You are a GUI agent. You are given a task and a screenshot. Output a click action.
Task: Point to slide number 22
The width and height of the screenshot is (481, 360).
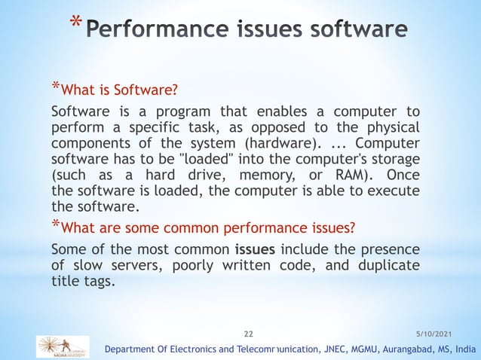click(x=250, y=331)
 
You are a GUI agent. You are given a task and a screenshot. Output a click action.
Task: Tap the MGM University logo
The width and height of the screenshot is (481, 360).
click(x=62, y=346)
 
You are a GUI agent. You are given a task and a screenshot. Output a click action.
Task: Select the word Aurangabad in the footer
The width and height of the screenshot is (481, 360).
click(x=391, y=349)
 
